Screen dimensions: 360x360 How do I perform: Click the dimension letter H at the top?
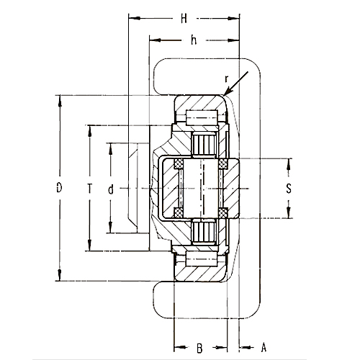click(x=184, y=18)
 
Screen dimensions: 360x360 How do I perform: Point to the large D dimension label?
click(x=58, y=189)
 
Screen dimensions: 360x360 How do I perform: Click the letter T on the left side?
click(x=89, y=189)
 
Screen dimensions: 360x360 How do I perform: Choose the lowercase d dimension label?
click(x=110, y=189)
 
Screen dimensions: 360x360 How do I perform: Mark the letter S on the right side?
click(x=289, y=189)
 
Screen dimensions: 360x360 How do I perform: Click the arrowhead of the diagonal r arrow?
click(x=226, y=94)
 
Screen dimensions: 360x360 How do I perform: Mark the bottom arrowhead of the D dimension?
click(x=58, y=279)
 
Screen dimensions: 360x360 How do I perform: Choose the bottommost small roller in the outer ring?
click(x=197, y=261)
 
